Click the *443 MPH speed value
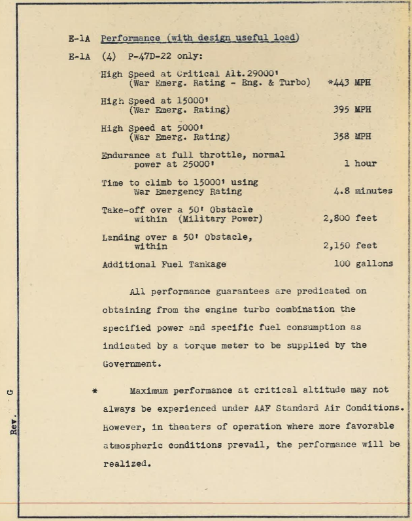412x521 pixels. coord(349,83)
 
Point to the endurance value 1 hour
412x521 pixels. coord(360,164)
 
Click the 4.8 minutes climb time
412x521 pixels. coord(363,192)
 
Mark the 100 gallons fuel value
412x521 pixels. coord(364,264)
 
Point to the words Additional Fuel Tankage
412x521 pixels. coord(164,265)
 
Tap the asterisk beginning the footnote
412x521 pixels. coord(95,391)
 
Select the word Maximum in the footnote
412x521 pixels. coord(150,390)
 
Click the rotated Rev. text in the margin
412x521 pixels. coord(13,424)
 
